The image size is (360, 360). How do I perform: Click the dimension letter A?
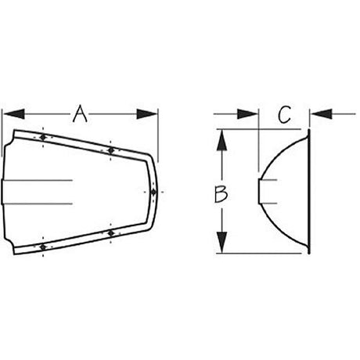pyautogui.click(x=80, y=113)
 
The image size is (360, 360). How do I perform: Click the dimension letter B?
pyautogui.click(x=221, y=194)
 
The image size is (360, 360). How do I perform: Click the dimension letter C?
pyautogui.click(x=284, y=114)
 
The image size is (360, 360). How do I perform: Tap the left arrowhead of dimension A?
pyautogui.click(x=14, y=114)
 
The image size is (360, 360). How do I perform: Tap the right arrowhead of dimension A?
pyautogui.click(x=147, y=114)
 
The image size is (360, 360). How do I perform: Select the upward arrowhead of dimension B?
pyautogui.click(x=221, y=140)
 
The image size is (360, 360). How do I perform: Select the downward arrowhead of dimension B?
pyautogui.click(x=221, y=242)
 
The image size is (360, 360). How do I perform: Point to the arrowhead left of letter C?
pyautogui.click(x=247, y=114)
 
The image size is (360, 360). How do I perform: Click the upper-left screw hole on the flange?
pyautogui.click(x=43, y=137)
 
